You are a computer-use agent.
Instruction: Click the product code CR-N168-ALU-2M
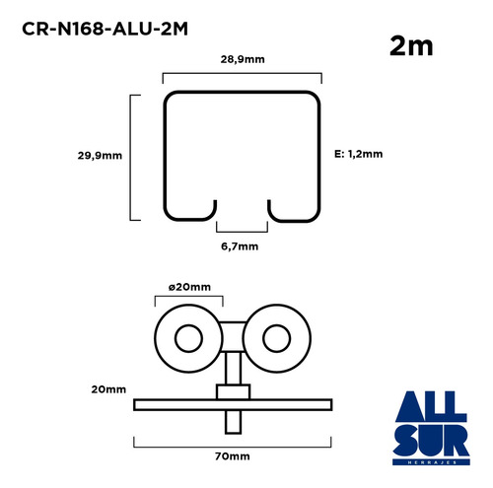[x=105, y=29]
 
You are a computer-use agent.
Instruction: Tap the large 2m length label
[x=411, y=46]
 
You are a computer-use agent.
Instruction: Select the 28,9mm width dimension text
[x=243, y=59]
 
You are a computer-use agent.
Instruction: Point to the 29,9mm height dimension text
[x=100, y=156]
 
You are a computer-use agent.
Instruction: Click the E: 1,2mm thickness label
[x=359, y=154]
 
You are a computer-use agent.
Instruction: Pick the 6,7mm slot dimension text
[x=240, y=246]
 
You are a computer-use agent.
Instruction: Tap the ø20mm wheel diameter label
[x=189, y=287]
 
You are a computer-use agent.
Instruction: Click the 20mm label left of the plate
[x=108, y=389]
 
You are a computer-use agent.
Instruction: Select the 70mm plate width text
[x=233, y=456]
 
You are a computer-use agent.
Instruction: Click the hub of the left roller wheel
[x=188, y=338]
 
